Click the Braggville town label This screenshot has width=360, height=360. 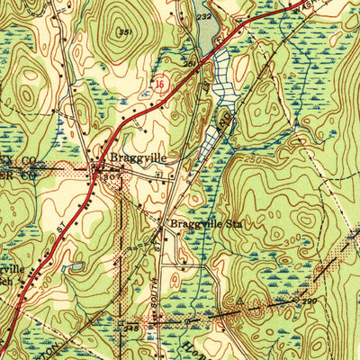click(x=135, y=157)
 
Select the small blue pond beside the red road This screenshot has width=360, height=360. click(x=74, y=266)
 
